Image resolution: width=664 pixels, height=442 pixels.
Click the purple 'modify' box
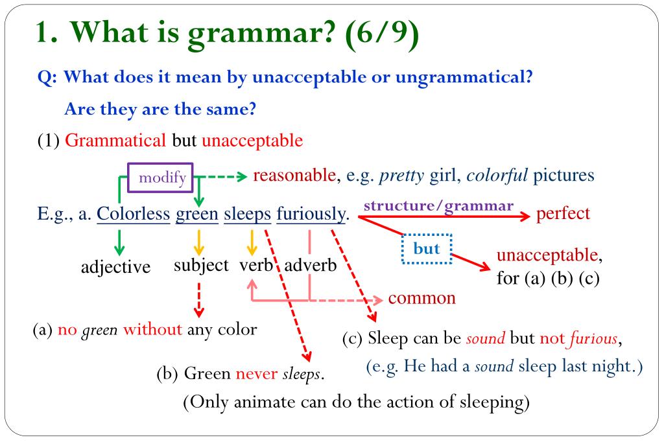[x=161, y=178]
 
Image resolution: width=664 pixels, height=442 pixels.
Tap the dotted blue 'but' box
[x=427, y=249]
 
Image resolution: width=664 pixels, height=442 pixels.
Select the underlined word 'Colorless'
[x=134, y=214]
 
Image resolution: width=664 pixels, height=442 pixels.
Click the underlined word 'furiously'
[x=311, y=215]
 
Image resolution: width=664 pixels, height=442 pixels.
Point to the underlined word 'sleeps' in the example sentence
[x=247, y=215]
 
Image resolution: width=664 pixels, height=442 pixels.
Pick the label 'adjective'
[x=115, y=268]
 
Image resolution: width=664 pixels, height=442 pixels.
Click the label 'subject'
[x=201, y=266]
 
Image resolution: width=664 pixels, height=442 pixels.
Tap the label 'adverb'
[x=311, y=266]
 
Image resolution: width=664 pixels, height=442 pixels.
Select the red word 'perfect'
[x=563, y=214]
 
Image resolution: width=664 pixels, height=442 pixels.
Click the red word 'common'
[x=421, y=298]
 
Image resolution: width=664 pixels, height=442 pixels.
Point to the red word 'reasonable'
[x=294, y=175]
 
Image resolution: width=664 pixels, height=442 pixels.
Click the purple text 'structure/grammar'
[x=438, y=206]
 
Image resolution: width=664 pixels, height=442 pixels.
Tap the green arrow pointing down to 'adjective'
[x=119, y=242]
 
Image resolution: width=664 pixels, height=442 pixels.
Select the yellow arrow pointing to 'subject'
[x=198, y=242]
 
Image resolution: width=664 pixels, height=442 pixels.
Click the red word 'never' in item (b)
[x=257, y=374]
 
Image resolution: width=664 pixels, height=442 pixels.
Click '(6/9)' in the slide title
[x=382, y=34]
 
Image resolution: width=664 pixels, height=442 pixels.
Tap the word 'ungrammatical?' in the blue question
[x=464, y=78]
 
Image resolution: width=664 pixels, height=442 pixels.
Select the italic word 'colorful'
[x=497, y=175]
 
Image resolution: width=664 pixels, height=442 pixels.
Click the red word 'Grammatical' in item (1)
[x=115, y=141]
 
